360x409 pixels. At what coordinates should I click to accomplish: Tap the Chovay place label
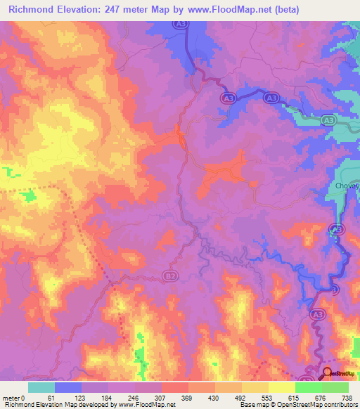click(345, 186)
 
